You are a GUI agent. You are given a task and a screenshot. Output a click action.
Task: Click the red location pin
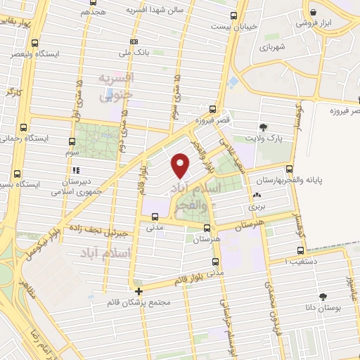(181, 166)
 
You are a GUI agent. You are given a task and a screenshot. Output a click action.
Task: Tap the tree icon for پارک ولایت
(264, 127)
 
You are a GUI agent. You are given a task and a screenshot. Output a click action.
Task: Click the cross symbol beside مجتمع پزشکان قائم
(139, 290)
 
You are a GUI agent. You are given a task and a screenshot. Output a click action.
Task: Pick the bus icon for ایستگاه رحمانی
(24, 129)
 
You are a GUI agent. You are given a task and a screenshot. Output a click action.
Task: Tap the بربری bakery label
(256, 208)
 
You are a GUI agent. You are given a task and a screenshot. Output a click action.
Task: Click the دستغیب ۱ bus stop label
(300, 261)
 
